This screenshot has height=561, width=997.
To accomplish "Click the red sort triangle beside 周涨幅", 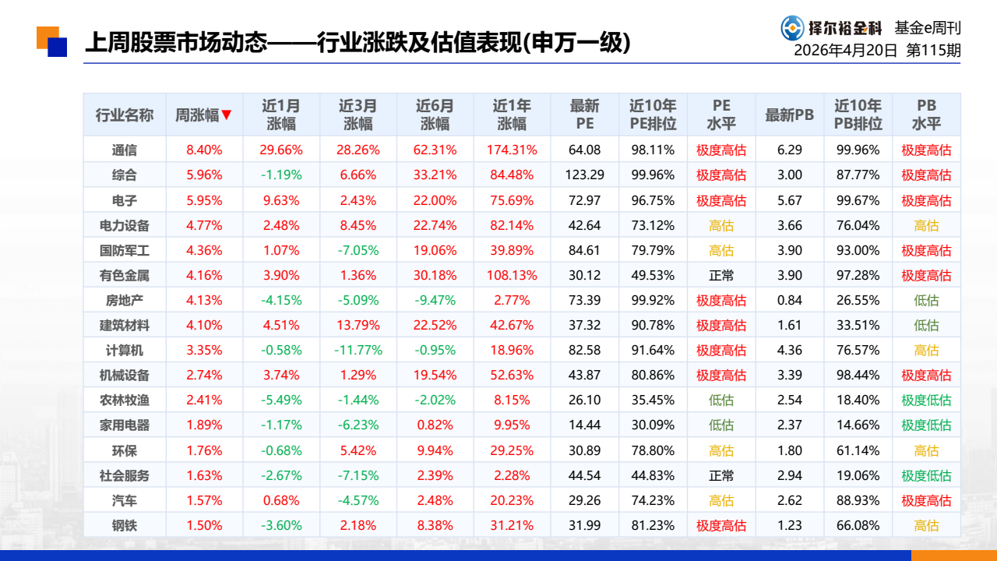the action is (x=227, y=115).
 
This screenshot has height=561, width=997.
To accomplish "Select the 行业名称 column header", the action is (x=124, y=115).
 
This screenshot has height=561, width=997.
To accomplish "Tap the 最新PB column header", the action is (x=789, y=115).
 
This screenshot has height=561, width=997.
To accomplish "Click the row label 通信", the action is (x=124, y=150).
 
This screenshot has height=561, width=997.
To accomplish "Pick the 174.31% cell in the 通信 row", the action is (x=512, y=150).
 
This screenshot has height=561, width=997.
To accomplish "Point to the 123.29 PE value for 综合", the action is (x=584, y=175).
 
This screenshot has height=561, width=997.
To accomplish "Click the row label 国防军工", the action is (x=124, y=250).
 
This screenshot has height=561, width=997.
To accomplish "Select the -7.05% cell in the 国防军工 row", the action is (x=358, y=250).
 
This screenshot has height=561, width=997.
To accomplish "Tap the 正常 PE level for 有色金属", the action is (x=721, y=275).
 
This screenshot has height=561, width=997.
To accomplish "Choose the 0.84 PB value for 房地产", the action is (x=790, y=300).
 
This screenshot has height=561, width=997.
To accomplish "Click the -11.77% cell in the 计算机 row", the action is (x=358, y=350).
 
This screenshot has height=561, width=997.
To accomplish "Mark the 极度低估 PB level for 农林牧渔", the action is (x=926, y=400).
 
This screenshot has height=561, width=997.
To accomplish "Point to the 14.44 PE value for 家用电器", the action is (x=584, y=425).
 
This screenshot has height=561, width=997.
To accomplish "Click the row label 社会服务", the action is (x=124, y=475).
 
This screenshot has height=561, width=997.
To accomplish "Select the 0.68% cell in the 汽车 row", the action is (x=281, y=500).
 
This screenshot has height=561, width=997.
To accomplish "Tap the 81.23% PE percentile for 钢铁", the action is (x=653, y=525).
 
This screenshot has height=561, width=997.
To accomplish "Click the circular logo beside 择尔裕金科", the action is (x=792, y=28).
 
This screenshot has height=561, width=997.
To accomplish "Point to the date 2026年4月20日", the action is (x=845, y=51).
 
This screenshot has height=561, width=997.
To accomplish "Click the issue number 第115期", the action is (x=933, y=51).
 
